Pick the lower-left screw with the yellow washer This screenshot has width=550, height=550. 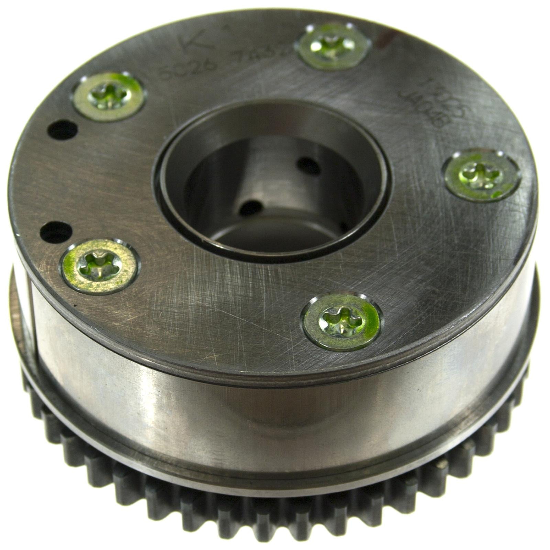pos(100,267)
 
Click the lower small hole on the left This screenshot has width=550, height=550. pos(56,232)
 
